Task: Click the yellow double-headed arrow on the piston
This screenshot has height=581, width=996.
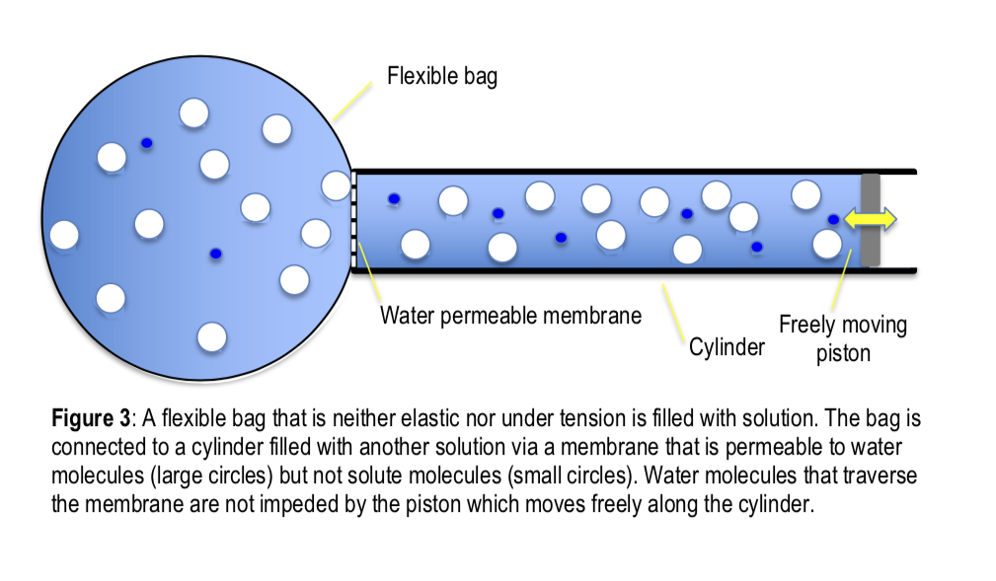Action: point(870,219)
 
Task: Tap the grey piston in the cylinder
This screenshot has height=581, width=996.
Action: point(870,247)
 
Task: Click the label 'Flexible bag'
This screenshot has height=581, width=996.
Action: point(441,76)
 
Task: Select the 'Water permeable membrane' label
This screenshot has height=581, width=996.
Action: point(510,316)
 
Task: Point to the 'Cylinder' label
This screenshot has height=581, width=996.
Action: point(726,347)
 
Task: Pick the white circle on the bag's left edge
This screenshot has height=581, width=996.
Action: point(63,235)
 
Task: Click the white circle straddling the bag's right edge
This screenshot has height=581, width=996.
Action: point(336,184)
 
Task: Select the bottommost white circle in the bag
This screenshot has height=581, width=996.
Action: point(211,336)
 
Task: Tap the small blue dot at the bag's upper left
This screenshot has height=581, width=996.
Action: point(147,143)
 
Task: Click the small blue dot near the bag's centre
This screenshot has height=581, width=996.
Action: point(215,254)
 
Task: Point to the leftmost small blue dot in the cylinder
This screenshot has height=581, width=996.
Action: point(394,198)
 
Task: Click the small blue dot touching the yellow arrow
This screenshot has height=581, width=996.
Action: point(834,219)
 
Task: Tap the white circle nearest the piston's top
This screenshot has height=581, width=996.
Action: point(805,194)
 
